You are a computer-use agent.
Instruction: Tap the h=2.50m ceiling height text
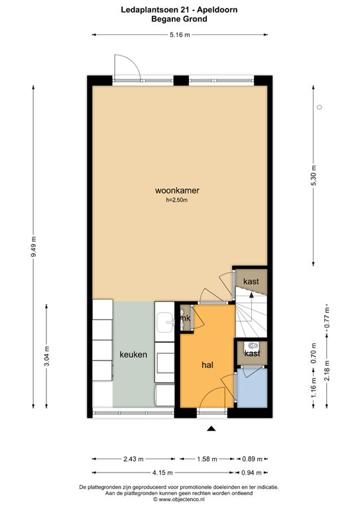[x=178, y=200]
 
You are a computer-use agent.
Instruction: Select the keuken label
[x=133, y=355]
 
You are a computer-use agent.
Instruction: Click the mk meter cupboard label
[x=186, y=319]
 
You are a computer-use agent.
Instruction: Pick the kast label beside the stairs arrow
[x=251, y=282]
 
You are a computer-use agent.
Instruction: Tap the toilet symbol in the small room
[x=251, y=345]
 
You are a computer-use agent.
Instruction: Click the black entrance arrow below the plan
[x=211, y=429]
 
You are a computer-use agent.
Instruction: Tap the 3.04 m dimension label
[x=46, y=359]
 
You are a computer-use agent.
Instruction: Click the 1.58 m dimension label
[x=208, y=459]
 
